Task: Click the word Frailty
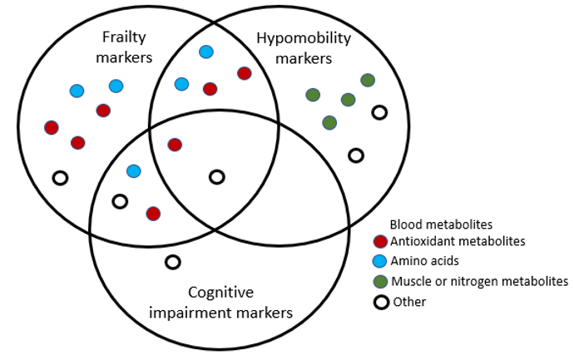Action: coord(125,37)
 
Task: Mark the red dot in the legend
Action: coord(381,242)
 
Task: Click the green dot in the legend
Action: coord(381,282)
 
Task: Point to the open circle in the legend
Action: coord(381,302)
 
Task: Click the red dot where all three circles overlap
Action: coord(175,145)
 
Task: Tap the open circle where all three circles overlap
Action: coord(216,176)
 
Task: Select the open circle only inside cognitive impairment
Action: coord(172,262)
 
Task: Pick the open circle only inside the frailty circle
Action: coord(60,177)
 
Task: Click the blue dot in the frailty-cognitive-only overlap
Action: coord(133,171)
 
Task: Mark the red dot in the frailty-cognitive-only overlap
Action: coord(153,214)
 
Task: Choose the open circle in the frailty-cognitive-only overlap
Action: coord(120,201)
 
